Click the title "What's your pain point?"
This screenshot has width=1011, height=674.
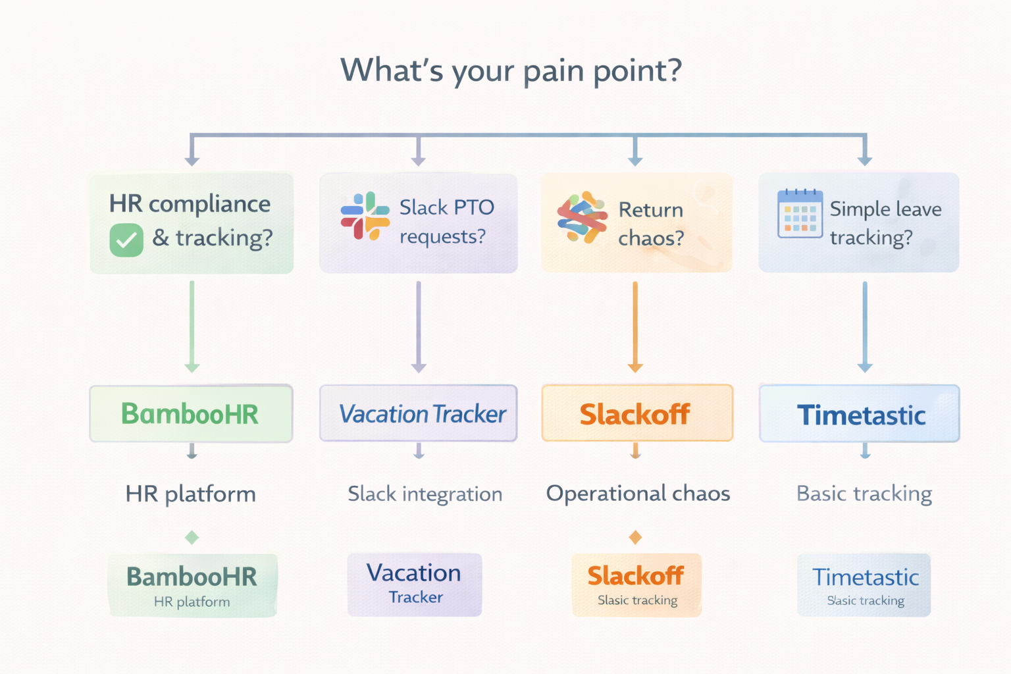(511, 70)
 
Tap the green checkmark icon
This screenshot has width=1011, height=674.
(126, 240)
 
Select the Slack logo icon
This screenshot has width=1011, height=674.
(365, 216)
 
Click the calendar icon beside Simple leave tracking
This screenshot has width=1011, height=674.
(800, 213)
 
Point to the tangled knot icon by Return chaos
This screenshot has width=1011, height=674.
(581, 217)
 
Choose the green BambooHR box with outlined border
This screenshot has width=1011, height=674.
(191, 413)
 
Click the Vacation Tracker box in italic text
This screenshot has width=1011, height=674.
(419, 413)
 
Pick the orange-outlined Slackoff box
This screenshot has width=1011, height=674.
(636, 413)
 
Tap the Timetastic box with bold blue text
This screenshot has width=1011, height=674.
(860, 414)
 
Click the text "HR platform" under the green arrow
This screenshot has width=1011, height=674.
(191, 494)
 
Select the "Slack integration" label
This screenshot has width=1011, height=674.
(425, 494)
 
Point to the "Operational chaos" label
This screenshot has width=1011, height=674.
(638, 493)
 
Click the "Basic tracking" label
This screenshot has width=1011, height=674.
(864, 494)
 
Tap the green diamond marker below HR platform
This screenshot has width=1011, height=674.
(192, 538)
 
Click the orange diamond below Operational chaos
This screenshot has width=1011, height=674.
(635, 538)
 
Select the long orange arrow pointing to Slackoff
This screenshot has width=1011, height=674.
(635, 326)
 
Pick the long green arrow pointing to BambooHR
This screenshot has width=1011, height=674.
(192, 326)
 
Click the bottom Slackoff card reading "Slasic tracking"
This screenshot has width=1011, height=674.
(636, 585)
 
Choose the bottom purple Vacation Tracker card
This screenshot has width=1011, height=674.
(415, 584)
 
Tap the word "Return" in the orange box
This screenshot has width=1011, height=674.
(650, 210)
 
